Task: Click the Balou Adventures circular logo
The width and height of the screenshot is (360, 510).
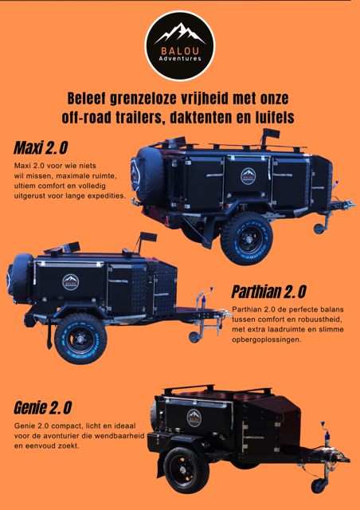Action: (x=180, y=46)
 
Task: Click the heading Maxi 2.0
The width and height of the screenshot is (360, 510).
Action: (x=40, y=149)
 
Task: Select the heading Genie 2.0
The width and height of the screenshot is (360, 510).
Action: (x=43, y=408)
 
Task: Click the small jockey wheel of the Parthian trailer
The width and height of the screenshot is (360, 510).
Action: (x=196, y=338)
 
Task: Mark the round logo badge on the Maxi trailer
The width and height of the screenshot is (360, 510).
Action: (x=248, y=176)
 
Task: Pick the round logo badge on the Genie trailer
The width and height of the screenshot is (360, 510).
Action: (x=194, y=417)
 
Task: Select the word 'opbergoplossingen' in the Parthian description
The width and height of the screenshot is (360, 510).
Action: (x=267, y=339)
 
